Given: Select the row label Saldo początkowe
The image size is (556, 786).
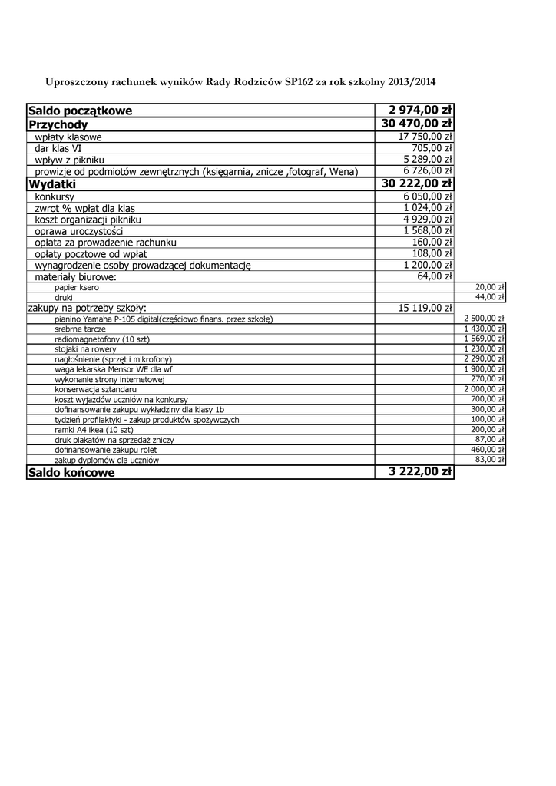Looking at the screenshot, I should coord(80,111).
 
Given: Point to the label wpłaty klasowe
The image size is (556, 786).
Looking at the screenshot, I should coord(68,137).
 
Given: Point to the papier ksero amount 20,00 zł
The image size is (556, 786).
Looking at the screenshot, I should coord(489,286).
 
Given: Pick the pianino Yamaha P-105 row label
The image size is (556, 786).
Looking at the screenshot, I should coord(164,319).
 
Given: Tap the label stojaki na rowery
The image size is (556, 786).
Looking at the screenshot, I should coord(85,348).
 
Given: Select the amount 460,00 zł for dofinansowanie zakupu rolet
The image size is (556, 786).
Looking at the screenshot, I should coord(487,449).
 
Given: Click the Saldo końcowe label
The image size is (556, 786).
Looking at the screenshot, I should coord(71,473).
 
